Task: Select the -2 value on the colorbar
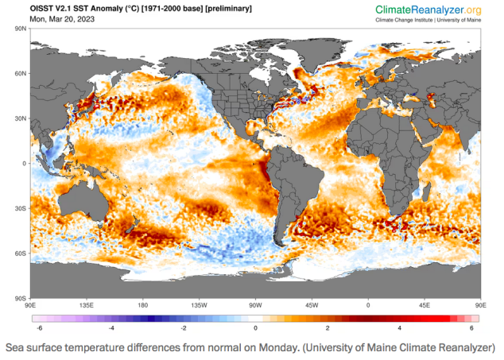tap(183, 327)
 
